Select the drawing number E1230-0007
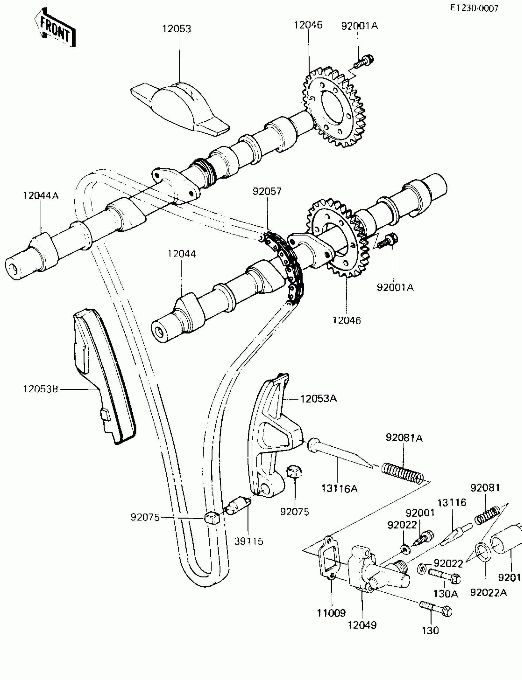click(x=474, y=8)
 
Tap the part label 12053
click(x=177, y=29)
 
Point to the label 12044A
click(x=41, y=196)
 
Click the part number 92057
click(x=267, y=191)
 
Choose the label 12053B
click(x=41, y=389)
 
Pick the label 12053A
click(x=318, y=399)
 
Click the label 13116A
click(x=339, y=489)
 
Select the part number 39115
click(x=249, y=541)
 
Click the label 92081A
click(x=404, y=438)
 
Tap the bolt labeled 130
click(x=436, y=608)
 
